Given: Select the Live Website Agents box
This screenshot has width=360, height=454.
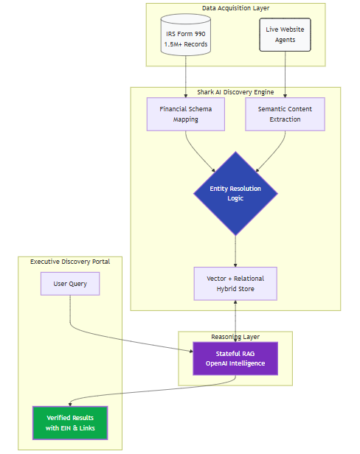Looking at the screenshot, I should [x=285, y=35].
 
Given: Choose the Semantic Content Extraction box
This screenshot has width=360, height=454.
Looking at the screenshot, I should [x=285, y=114].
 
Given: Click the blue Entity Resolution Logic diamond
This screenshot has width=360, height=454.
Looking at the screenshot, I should [x=235, y=194].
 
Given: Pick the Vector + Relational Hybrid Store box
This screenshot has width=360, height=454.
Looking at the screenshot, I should [x=235, y=284].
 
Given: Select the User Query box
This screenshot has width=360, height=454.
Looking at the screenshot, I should [x=70, y=284].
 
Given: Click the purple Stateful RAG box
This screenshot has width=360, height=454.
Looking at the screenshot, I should [x=235, y=358].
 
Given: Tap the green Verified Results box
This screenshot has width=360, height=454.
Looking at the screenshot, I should [x=70, y=422].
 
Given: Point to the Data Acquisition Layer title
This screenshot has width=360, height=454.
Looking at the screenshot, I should [x=235, y=8].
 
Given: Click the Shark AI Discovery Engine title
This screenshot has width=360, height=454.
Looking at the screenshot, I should [x=235, y=92].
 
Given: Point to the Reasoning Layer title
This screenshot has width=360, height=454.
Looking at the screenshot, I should [x=235, y=336].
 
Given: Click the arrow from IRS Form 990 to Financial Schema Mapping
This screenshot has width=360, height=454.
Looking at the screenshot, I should [x=185, y=77].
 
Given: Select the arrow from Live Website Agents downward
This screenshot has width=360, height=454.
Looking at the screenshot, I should [x=285, y=74].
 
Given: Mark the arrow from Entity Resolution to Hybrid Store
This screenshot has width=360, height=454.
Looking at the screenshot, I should [x=235, y=251].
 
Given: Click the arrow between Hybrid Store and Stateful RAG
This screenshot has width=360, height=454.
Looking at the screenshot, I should [x=235, y=321].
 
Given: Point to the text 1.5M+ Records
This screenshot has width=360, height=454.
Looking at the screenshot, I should [x=185, y=45].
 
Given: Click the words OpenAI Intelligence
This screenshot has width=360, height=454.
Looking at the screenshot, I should [x=235, y=363].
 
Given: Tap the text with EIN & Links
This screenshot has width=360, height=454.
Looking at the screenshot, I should [x=70, y=428].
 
